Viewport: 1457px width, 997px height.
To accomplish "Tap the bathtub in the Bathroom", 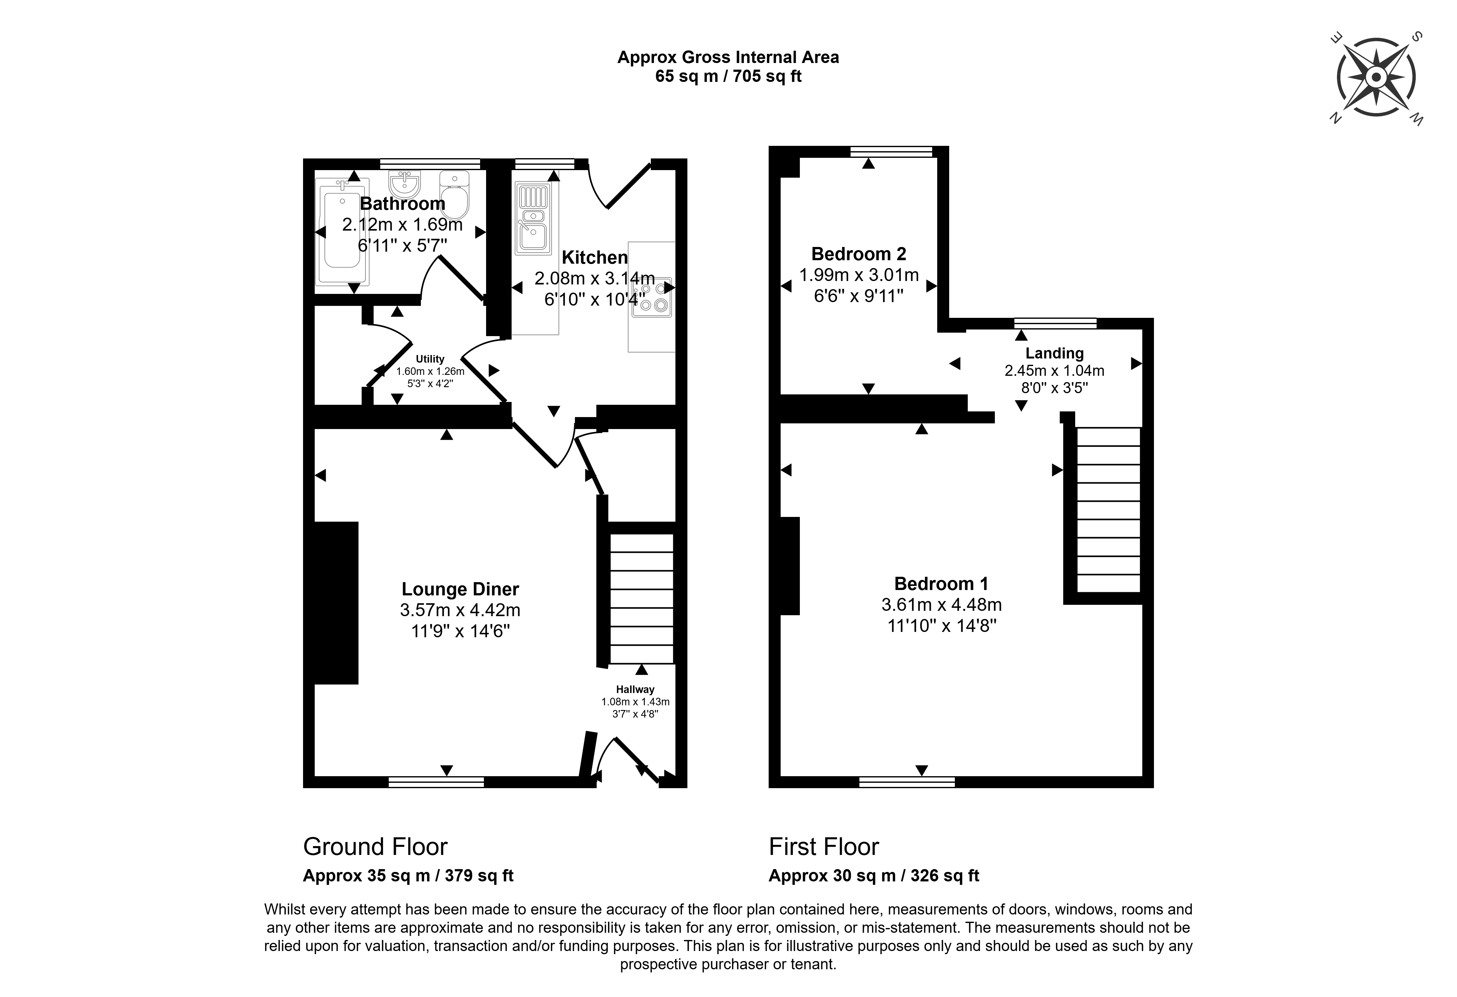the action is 343,232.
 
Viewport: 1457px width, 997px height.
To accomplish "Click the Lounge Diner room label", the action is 460,589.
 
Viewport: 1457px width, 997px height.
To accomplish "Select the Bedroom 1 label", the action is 941,584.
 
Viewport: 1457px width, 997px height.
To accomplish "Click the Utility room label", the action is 430,359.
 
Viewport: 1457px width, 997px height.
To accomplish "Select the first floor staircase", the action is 1108,510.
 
